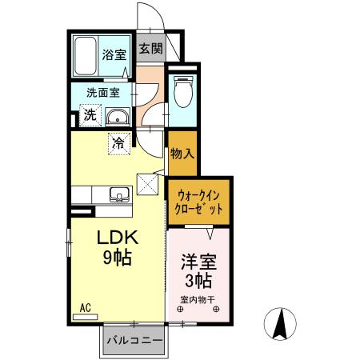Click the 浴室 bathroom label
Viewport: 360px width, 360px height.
(114, 54)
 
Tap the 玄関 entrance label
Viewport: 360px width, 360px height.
(150, 49)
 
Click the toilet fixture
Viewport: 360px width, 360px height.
(181, 94)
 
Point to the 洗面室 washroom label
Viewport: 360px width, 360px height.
(104, 92)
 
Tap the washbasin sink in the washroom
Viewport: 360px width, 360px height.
(117, 114)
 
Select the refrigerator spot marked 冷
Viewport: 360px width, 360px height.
(118, 144)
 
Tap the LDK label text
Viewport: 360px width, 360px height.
(118, 238)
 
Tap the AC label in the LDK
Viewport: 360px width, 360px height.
(84, 305)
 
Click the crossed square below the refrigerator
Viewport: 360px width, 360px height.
(148, 185)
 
